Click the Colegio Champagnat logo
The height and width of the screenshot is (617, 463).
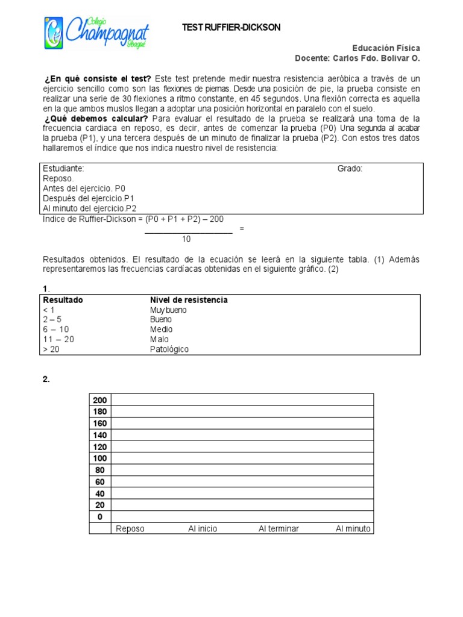[96, 33]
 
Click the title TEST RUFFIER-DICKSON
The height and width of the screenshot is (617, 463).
[231, 28]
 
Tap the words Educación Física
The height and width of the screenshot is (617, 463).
[386, 48]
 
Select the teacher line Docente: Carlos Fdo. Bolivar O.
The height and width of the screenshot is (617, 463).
[357, 58]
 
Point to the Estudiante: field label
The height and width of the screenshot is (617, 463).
[64, 169]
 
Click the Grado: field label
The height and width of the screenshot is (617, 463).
[350, 169]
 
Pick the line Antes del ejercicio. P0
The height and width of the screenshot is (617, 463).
[84, 189]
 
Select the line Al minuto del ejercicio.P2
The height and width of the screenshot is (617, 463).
[90, 208]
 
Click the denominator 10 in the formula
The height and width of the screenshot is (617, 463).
[186, 239]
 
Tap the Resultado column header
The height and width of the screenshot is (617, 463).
[63, 300]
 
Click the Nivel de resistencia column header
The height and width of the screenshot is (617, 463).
[189, 300]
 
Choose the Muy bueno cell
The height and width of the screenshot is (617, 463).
[168, 310]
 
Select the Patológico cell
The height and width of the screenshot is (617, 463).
[169, 349]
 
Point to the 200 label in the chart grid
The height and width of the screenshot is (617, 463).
[99, 399]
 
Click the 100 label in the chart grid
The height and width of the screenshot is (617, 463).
[99, 459]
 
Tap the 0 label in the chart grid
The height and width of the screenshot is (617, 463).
[99, 517]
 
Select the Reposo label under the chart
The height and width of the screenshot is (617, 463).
[130, 529]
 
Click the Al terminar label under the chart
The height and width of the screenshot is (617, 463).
[279, 529]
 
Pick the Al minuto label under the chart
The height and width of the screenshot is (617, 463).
[354, 529]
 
